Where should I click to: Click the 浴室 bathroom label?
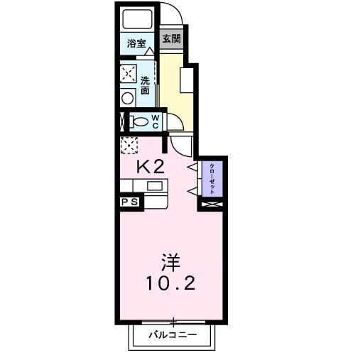click(136, 43)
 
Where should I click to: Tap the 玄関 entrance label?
click(172, 39)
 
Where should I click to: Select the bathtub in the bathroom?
click(137, 19)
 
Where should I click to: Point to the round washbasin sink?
click(128, 98)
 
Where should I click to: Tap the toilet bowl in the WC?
click(140, 122)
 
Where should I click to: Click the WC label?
click(156, 121)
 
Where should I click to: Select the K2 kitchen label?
click(151, 167)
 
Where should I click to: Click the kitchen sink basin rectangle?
click(155, 185)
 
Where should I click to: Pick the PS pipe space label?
click(130, 202)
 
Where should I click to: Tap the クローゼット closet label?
click(212, 179)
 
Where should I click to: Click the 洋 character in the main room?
click(170, 263)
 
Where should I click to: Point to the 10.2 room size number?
click(171, 283)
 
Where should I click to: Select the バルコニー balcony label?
click(173, 335)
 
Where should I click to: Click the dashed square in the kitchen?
click(129, 146)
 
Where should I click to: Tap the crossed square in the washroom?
click(129, 73)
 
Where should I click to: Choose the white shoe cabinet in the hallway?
click(187, 80)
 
